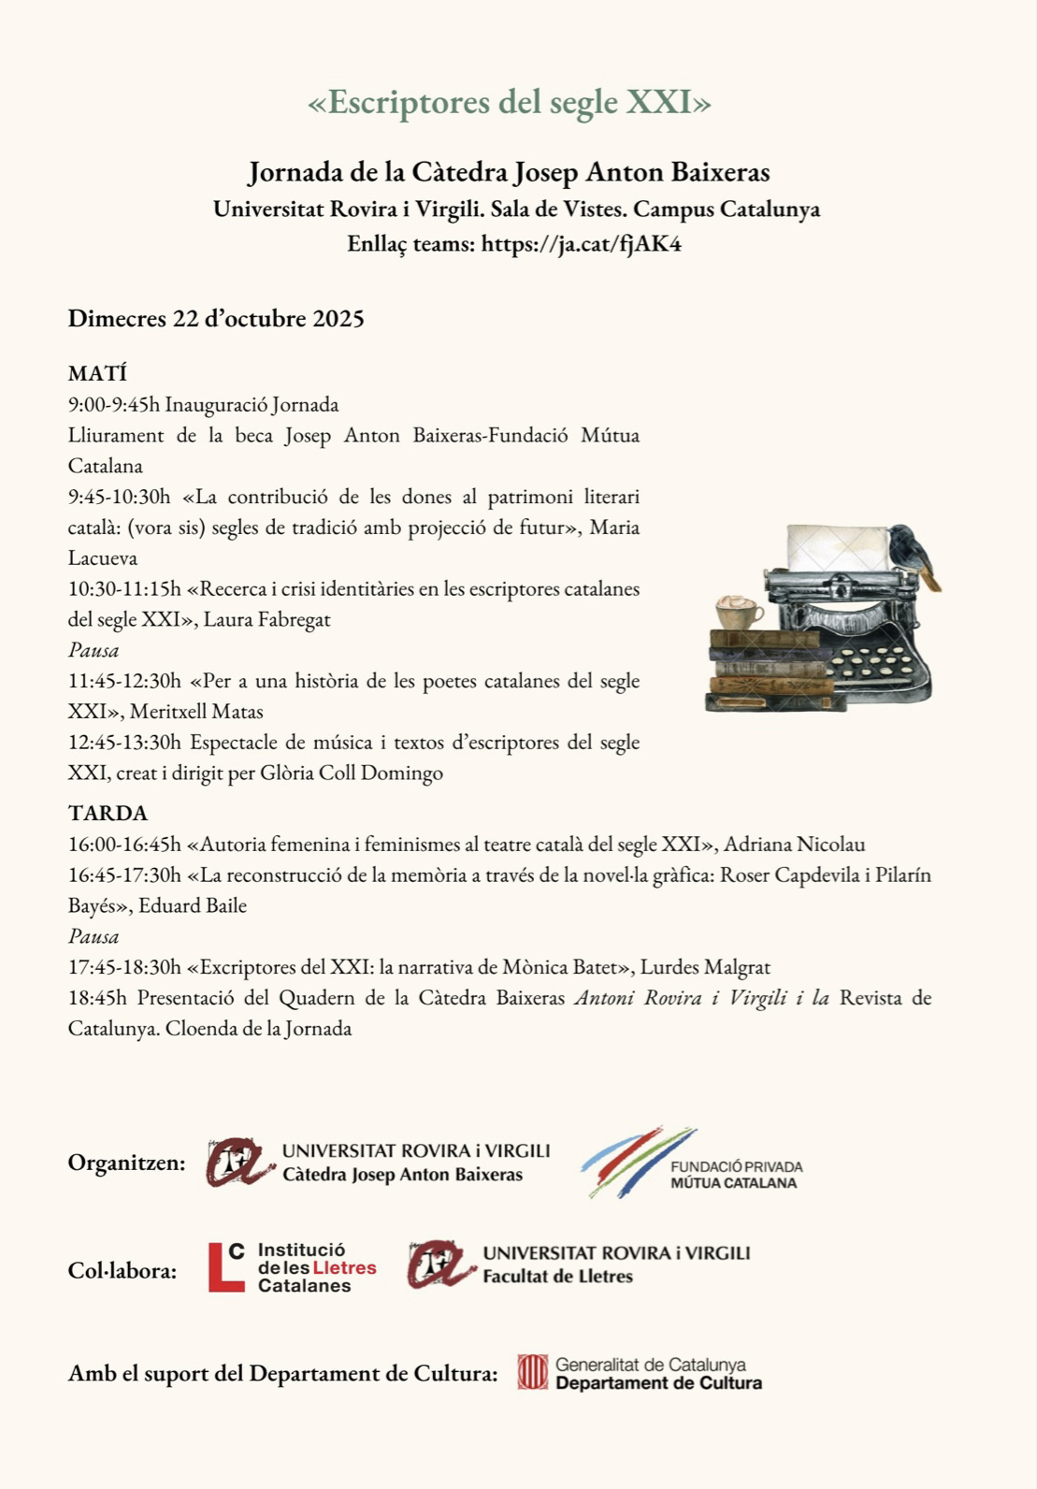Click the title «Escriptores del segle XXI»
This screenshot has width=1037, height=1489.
pyautogui.click(x=510, y=102)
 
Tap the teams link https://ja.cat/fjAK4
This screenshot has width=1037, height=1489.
pyautogui.click(x=581, y=244)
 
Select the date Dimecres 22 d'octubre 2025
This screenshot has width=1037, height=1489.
pyautogui.click(x=216, y=319)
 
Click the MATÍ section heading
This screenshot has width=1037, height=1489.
pyautogui.click(x=97, y=374)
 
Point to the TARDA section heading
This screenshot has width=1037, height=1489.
pyautogui.click(x=108, y=813)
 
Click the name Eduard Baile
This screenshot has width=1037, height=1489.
pyautogui.click(x=193, y=905)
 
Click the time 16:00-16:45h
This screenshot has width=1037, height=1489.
pyautogui.click(x=124, y=845)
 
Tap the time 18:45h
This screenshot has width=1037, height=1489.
pyautogui.click(x=97, y=998)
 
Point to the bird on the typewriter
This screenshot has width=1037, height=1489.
pyautogui.click(x=913, y=554)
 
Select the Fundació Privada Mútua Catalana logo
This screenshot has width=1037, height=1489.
pyautogui.click(x=691, y=1163)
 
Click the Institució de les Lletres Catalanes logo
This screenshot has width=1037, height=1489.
pyautogui.click(x=292, y=1267)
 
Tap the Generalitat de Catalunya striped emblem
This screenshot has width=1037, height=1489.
pyautogui.click(x=532, y=1372)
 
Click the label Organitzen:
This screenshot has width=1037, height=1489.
pyautogui.click(x=126, y=1163)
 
